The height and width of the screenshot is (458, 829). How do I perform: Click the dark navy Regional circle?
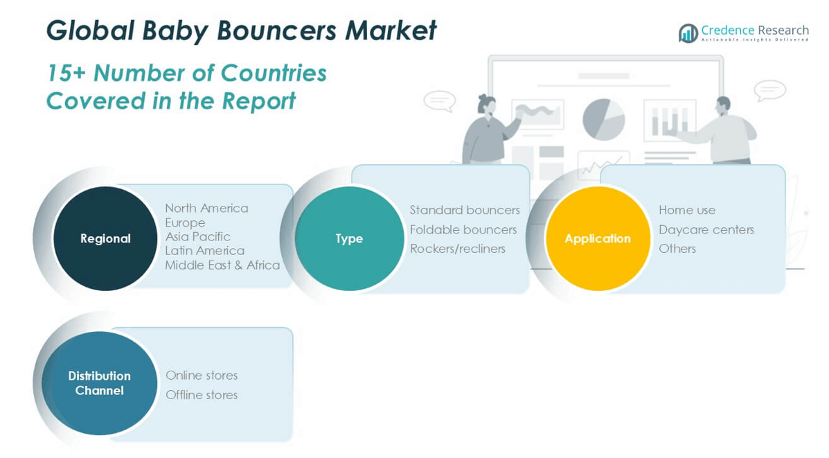[x=105, y=238]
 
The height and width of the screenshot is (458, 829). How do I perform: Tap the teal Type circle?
[x=349, y=238]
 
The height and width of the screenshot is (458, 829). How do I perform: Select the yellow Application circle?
[x=598, y=238]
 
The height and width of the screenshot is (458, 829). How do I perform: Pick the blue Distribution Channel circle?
[x=99, y=383]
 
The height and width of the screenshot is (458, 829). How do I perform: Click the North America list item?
[x=206, y=208]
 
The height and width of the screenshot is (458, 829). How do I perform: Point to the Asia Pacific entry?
[x=197, y=236]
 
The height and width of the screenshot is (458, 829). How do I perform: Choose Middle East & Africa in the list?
[x=222, y=265]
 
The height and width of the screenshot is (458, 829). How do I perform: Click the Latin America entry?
[x=204, y=250]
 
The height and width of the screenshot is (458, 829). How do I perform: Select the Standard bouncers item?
[x=464, y=210]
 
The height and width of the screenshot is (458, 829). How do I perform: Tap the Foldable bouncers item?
[x=463, y=229]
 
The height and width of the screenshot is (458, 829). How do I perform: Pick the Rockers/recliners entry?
[x=457, y=248]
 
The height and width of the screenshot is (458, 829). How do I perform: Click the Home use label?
[x=686, y=210]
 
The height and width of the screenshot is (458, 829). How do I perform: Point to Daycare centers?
[x=706, y=229]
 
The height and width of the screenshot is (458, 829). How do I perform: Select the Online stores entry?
[x=202, y=375]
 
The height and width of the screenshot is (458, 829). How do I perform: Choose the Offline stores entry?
[x=202, y=395]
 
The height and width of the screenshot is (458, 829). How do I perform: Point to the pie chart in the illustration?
[x=603, y=118]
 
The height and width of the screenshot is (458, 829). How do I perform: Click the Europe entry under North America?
[x=185, y=222]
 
